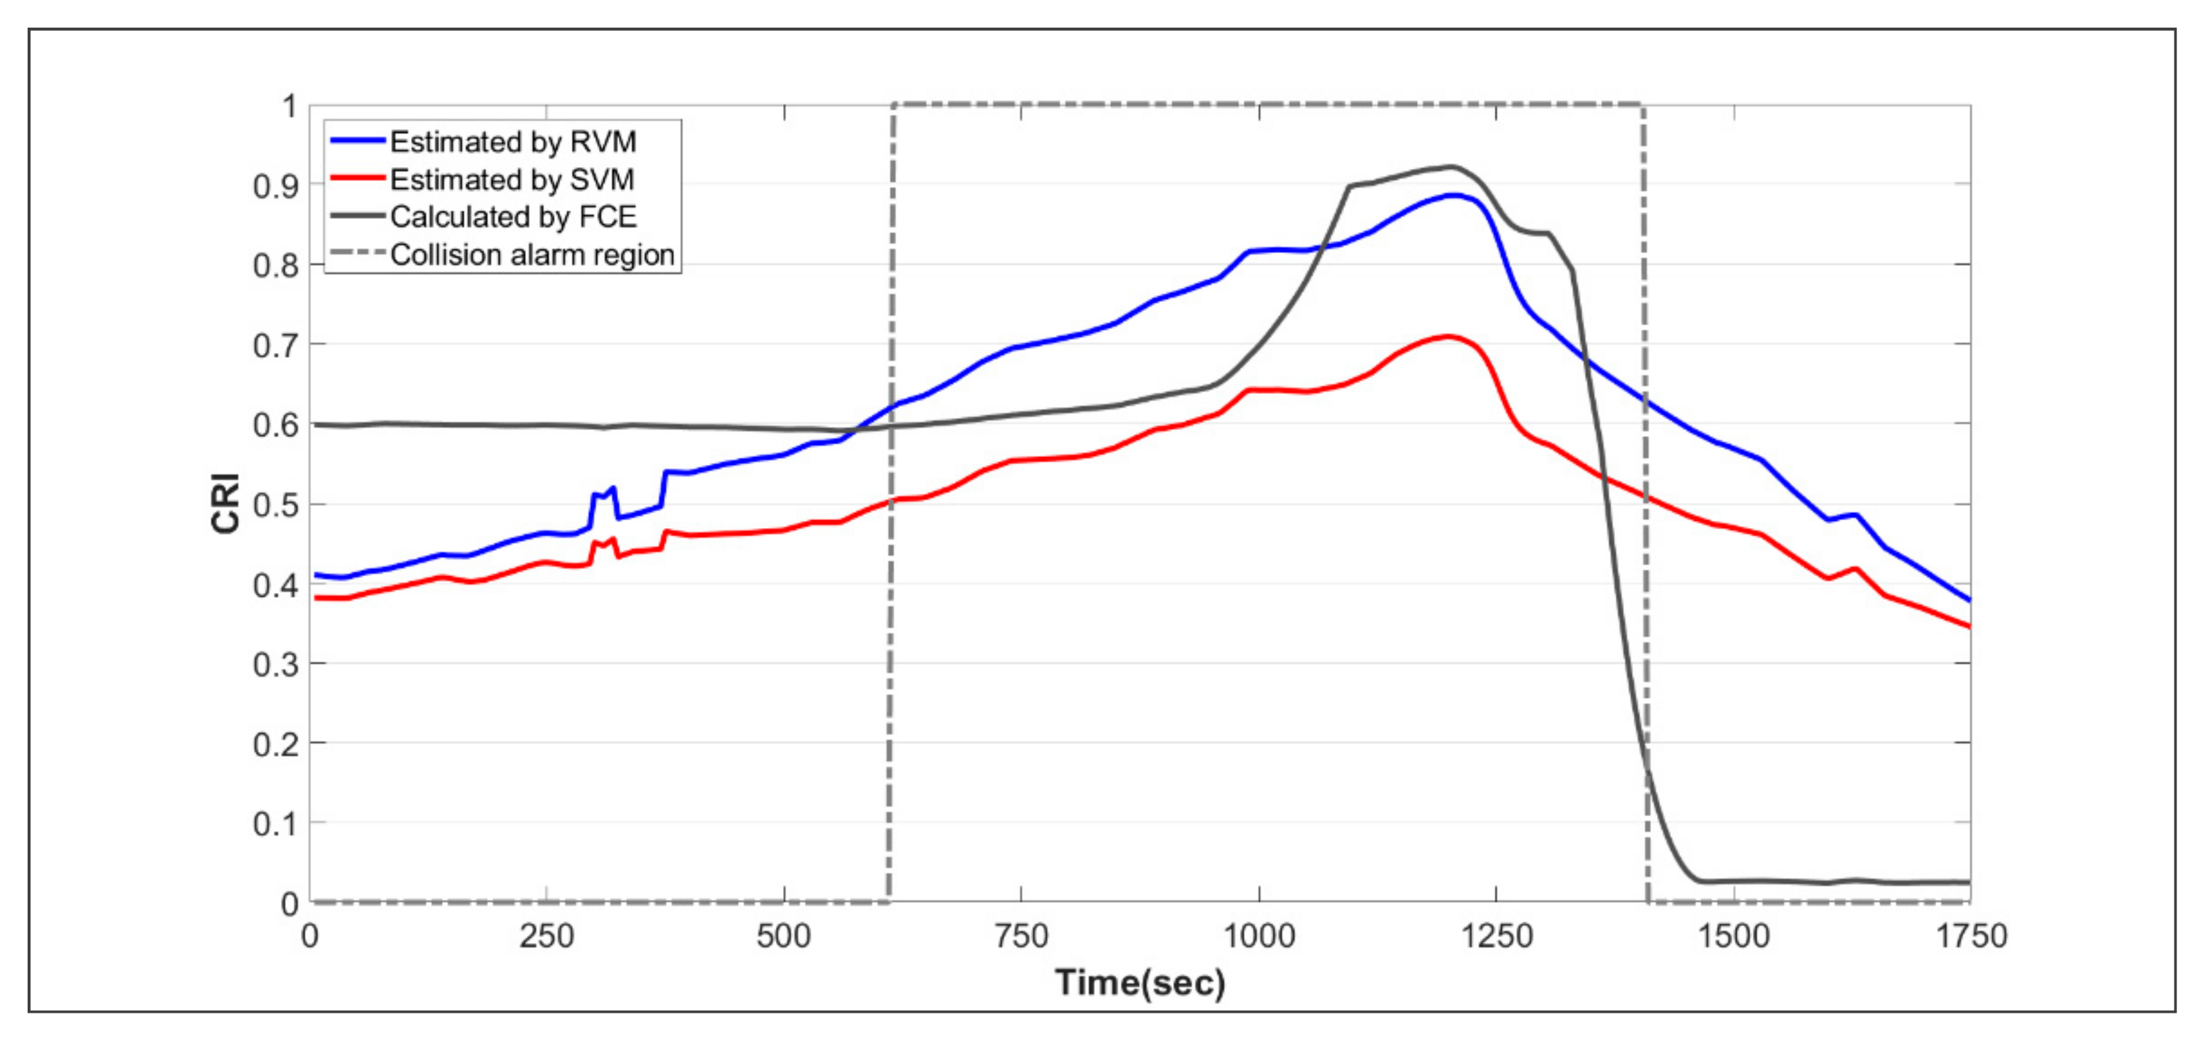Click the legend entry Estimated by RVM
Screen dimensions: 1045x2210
tap(512, 141)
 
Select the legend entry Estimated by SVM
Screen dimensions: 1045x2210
tap(512, 180)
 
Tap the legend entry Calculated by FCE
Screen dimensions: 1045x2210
tap(513, 217)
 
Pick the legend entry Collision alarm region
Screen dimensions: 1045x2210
tap(532, 255)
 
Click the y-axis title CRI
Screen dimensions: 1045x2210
tap(226, 504)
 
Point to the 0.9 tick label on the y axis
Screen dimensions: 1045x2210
tap(276, 186)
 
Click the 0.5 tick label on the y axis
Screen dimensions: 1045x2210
tap(276, 505)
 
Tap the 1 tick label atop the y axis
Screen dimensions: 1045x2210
tap(290, 107)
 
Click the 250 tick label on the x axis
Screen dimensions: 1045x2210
tap(546, 936)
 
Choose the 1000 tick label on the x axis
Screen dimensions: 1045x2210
tap(1259, 936)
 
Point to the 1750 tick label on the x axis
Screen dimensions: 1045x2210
tap(1971, 936)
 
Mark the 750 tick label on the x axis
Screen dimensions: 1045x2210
tap(1021, 936)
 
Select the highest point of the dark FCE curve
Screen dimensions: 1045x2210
tap(1452, 166)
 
